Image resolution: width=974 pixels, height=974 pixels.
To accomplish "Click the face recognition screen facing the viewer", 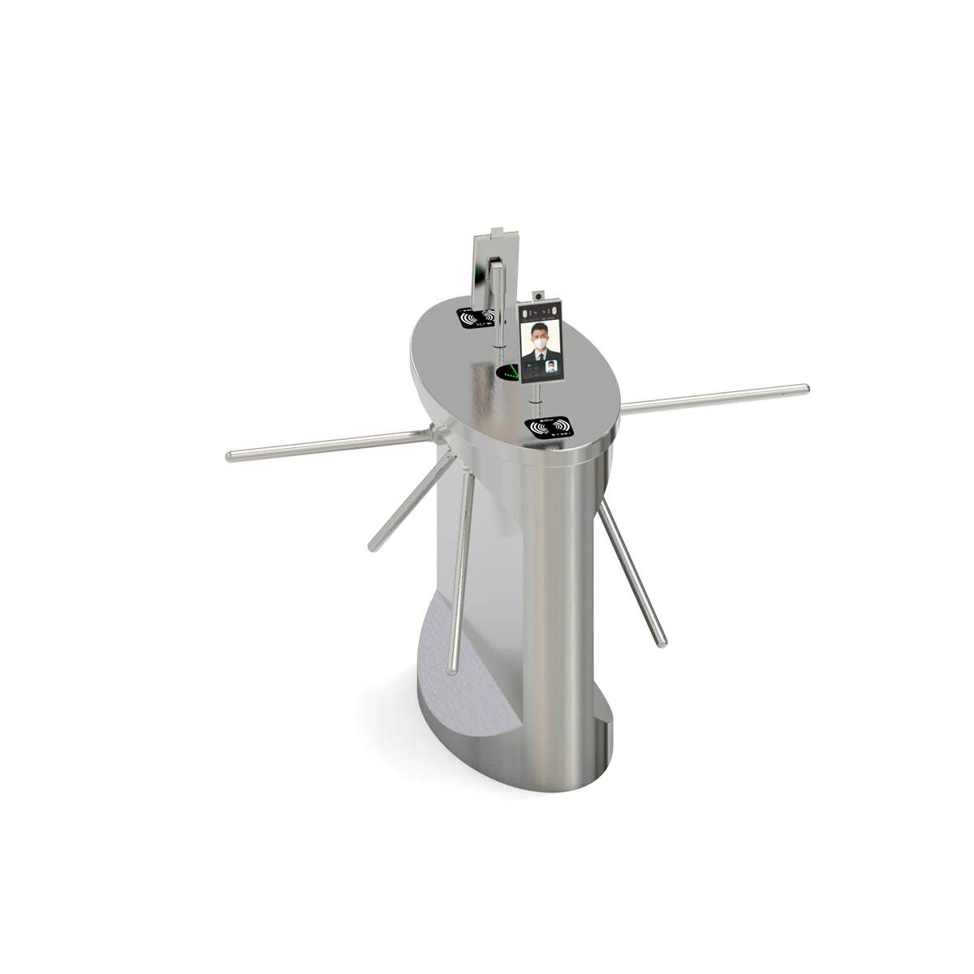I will tap(541, 345).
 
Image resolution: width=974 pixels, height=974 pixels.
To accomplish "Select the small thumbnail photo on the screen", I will tap(553, 368).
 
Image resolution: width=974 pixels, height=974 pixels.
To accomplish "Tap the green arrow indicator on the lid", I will tap(510, 373).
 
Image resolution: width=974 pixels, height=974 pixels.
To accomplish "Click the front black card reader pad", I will tap(549, 427).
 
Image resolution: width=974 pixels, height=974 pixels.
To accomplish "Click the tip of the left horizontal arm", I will tap(231, 456).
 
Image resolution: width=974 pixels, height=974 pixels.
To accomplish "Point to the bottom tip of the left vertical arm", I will tap(451, 670).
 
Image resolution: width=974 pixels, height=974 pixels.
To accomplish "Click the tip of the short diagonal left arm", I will tap(373, 548).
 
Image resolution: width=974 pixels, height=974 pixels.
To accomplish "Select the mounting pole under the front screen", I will tap(535, 398).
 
